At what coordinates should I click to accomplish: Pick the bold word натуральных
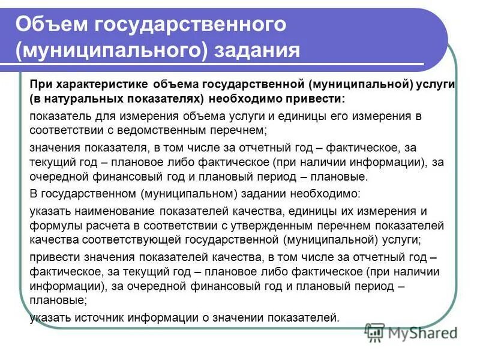tap(85, 98)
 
